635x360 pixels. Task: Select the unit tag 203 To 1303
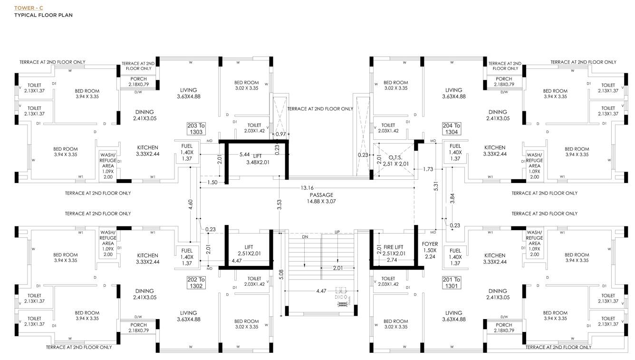click(196, 129)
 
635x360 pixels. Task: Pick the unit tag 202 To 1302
click(196, 283)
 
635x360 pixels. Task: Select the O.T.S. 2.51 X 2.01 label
click(395, 161)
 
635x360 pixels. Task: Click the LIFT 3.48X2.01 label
click(257, 159)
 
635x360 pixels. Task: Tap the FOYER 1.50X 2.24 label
click(430, 250)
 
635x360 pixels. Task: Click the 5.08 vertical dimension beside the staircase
click(281, 274)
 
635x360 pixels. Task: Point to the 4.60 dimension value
click(191, 205)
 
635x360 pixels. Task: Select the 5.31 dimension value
click(436, 187)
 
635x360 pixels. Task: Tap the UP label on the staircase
click(337, 232)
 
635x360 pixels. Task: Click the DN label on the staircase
click(305, 236)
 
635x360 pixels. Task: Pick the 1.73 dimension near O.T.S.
click(427, 169)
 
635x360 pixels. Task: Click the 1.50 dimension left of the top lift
click(212, 183)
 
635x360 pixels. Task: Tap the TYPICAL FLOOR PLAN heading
click(43, 15)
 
